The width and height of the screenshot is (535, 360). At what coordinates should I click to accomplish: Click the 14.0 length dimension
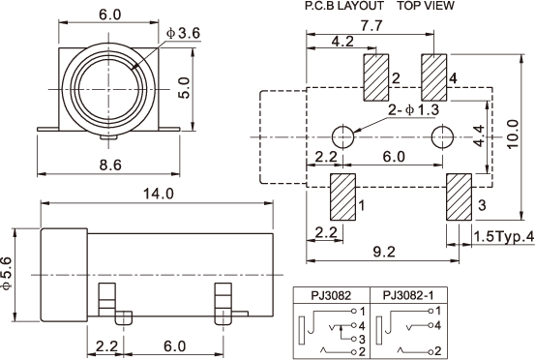158,194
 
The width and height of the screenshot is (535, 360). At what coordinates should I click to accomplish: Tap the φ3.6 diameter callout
183,34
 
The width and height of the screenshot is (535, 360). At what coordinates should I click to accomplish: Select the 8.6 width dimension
110,165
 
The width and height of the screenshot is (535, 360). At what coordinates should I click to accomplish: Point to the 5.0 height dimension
184,88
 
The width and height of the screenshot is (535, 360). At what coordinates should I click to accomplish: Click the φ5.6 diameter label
7,273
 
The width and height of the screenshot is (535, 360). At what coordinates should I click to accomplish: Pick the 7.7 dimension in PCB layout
372,26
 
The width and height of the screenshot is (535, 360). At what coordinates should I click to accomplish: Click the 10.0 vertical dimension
513,134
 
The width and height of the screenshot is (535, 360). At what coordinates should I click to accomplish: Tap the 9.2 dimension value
384,252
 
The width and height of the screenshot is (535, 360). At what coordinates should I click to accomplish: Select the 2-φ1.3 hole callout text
413,110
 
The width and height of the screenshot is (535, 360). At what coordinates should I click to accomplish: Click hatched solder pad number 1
342,196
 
